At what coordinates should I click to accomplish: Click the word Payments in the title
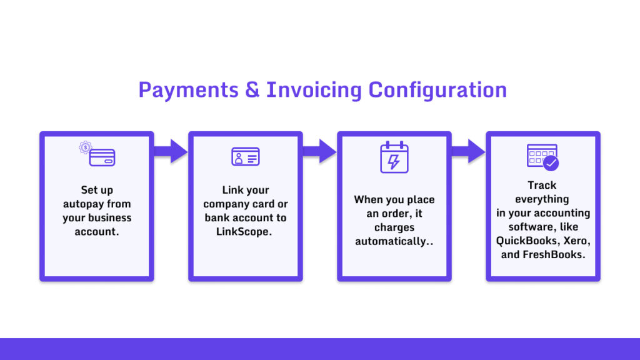[x=188, y=90]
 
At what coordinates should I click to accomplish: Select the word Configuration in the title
[x=437, y=90]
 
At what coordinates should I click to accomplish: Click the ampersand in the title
[x=252, y=90]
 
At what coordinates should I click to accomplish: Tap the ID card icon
[x=246, y=156]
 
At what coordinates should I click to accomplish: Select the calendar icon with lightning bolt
[x=394, y=157]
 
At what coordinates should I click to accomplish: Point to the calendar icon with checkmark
[x=542, y=157]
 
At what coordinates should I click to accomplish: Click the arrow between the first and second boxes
[x=171, y=151]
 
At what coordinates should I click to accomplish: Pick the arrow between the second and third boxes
[x=319, y=151]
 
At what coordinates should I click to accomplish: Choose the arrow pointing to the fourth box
[x=468, y=151]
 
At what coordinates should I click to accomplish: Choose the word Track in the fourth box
[x=542, y=185]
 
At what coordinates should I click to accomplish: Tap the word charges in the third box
[x=394, y=227]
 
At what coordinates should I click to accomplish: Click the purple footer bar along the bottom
[x=320, y=349]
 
